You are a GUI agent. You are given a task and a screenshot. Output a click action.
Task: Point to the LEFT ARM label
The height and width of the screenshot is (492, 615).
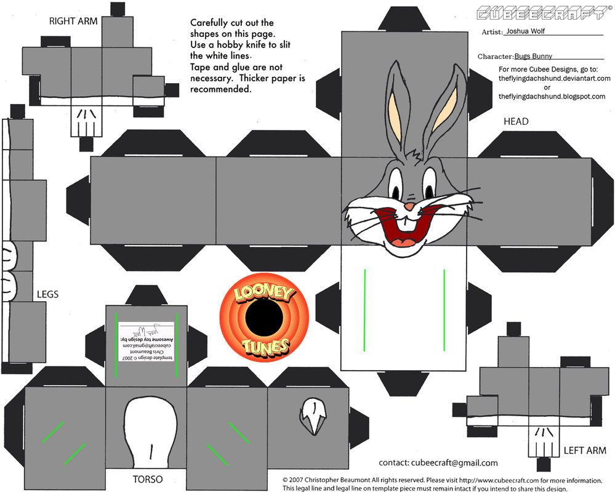(585, 451)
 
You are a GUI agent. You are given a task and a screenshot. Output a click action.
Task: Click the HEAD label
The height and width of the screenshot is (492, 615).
(516, 121)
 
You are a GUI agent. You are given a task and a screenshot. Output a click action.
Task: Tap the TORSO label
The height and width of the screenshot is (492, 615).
(147, 478)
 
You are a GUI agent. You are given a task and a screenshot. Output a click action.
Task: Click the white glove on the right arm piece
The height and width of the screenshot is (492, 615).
(85, 121)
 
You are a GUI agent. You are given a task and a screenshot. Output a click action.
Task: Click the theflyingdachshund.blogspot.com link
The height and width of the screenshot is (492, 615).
(552, 97)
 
